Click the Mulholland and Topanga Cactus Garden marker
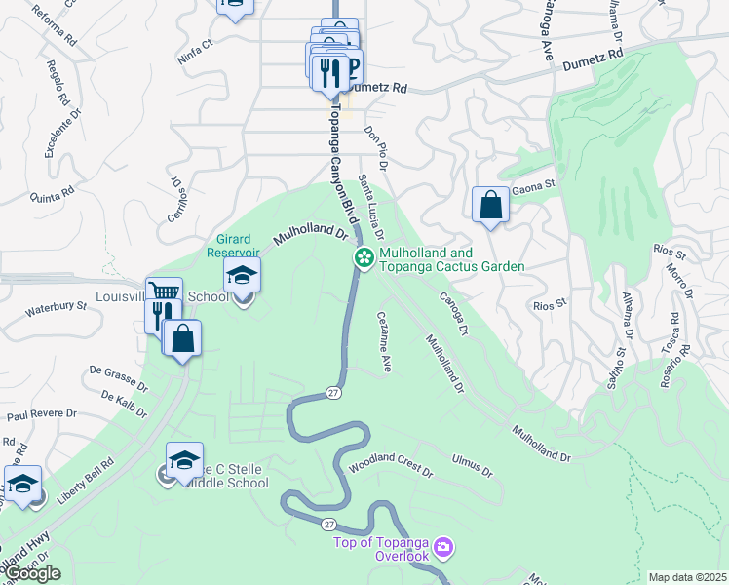click(364, 257)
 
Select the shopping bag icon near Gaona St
click(490, 205)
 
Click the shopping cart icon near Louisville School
click(164, 292)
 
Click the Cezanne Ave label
click(384, 341)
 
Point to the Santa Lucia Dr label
click(370, 208)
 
